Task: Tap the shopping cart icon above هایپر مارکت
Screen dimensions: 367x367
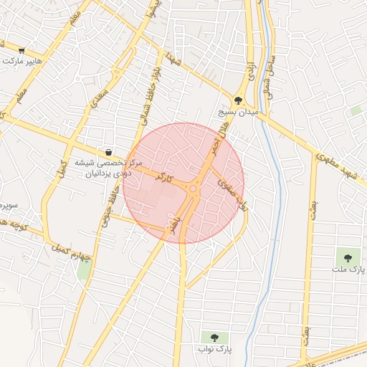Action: click(22, 51)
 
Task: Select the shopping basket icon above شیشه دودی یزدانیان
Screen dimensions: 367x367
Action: click(108, 152)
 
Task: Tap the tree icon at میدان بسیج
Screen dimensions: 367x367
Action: click(238, 101)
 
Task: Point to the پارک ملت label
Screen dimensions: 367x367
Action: click(348, 269)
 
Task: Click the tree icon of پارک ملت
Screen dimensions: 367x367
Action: click(348, 256)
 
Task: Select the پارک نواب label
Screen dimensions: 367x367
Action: click(215, 349)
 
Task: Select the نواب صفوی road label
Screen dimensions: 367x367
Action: click(233, 194)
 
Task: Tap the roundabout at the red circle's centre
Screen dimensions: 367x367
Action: click(192, 188)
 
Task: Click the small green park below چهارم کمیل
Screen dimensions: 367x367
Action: click(84, 271)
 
